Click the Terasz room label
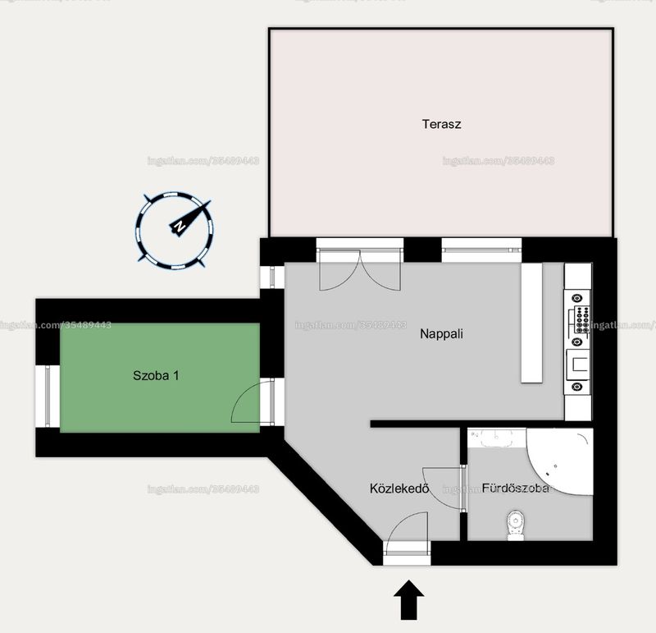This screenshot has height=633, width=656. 441,124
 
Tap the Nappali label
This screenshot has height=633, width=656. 441,334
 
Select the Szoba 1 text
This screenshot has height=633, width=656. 156,375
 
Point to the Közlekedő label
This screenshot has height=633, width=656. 399,489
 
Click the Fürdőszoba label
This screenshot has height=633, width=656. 516,488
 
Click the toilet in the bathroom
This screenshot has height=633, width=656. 516,525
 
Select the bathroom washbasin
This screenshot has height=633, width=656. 497,438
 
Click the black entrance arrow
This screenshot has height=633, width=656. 408,599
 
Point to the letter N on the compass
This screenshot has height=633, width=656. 180,227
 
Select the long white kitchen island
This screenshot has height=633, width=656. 531,323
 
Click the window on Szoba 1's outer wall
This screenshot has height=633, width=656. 48,397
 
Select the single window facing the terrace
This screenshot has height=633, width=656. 481,250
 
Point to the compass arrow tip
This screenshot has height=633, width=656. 210,200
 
